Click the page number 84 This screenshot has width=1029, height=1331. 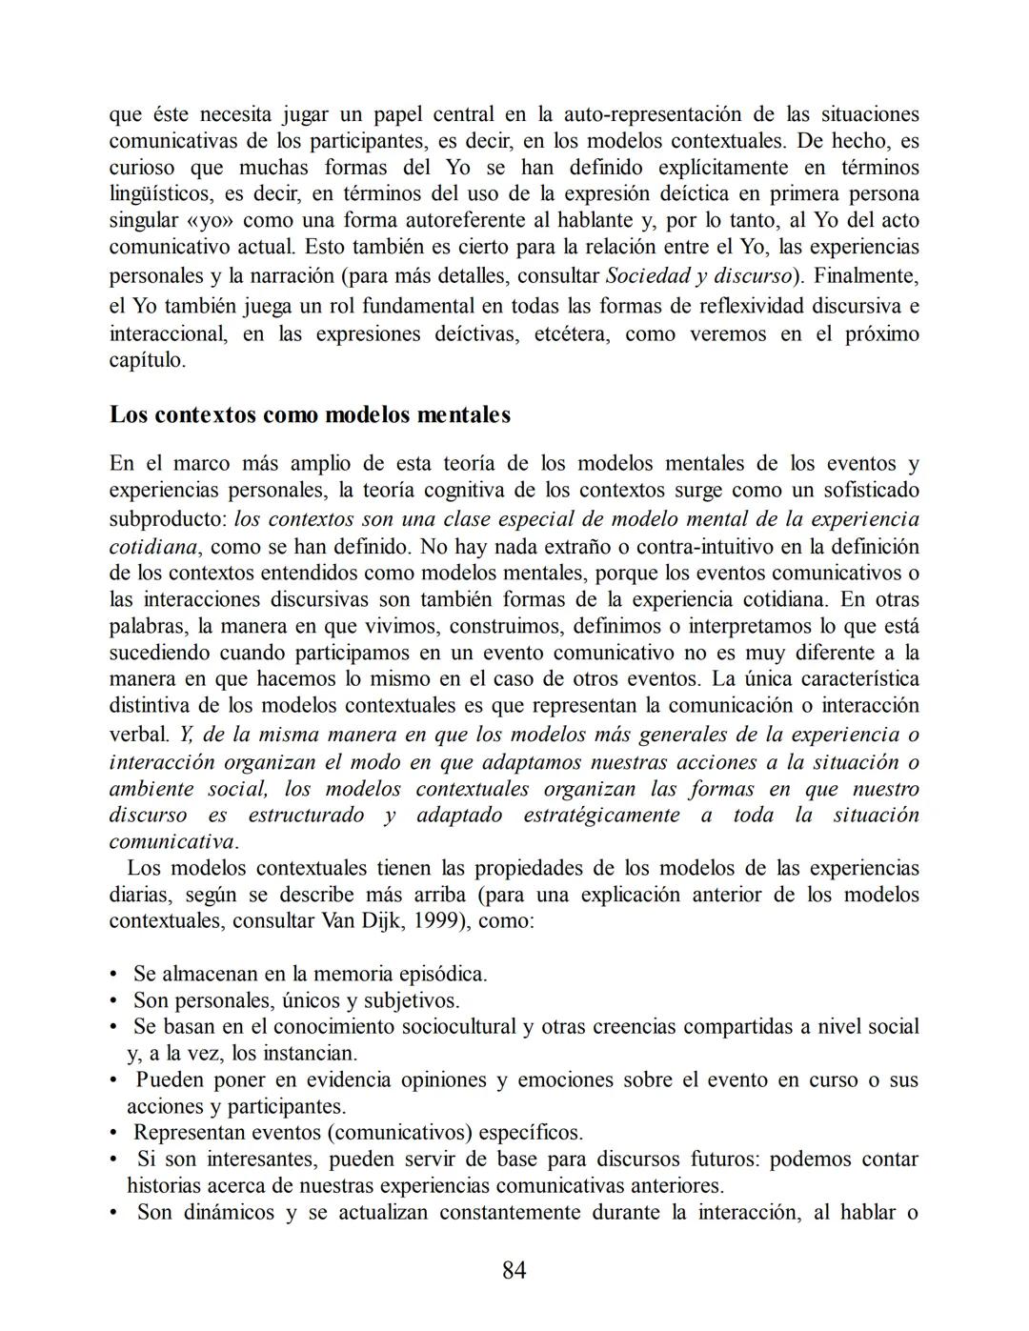[514, 1270]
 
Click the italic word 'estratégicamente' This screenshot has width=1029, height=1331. [601, 816]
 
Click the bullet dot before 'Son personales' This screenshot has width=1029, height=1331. [114, 1000]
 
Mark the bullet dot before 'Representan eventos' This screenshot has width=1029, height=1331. [114, 1133]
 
